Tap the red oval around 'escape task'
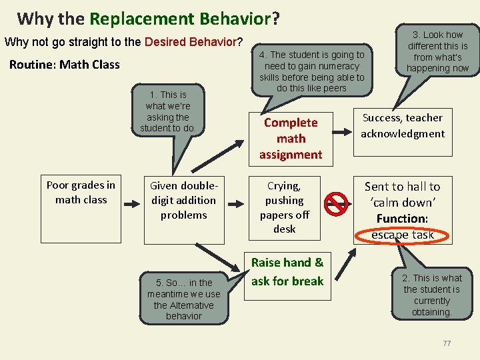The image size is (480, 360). tap(403, 235)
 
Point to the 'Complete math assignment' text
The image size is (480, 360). tap(291, 139)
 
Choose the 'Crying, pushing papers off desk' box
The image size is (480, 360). tap(285, 207)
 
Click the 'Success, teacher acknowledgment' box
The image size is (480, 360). tap(403, 125)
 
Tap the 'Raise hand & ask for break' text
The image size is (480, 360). tap(287, 272)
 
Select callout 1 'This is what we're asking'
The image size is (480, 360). tap(168, 111)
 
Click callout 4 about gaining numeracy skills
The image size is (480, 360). tap(312, 71)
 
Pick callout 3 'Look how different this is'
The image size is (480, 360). tap(437, 51)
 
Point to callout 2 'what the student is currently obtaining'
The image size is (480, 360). tap(431, 295)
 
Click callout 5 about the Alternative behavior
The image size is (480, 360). tap(184, 299)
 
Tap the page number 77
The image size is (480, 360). tap(447, 343)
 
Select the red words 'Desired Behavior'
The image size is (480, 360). tap(190, 42)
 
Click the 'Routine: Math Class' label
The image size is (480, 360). tap(65, 65)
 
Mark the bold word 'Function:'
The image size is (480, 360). tap(402, 219)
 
